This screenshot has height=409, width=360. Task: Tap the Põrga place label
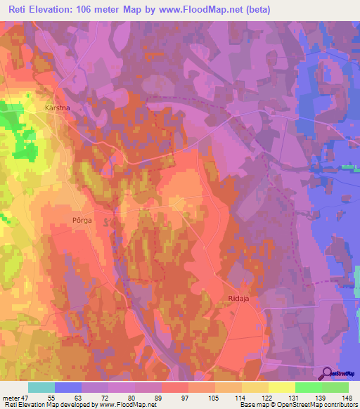point(82,219)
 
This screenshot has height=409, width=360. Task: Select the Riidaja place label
point(240,298)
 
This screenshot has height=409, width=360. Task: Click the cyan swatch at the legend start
point(41,387)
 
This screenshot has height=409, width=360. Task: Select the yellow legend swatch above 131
point(281,387)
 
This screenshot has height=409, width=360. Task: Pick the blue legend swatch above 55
point(68,387)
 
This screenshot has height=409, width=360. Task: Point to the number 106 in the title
point(88,8)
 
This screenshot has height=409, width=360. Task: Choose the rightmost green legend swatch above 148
point(335,387)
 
